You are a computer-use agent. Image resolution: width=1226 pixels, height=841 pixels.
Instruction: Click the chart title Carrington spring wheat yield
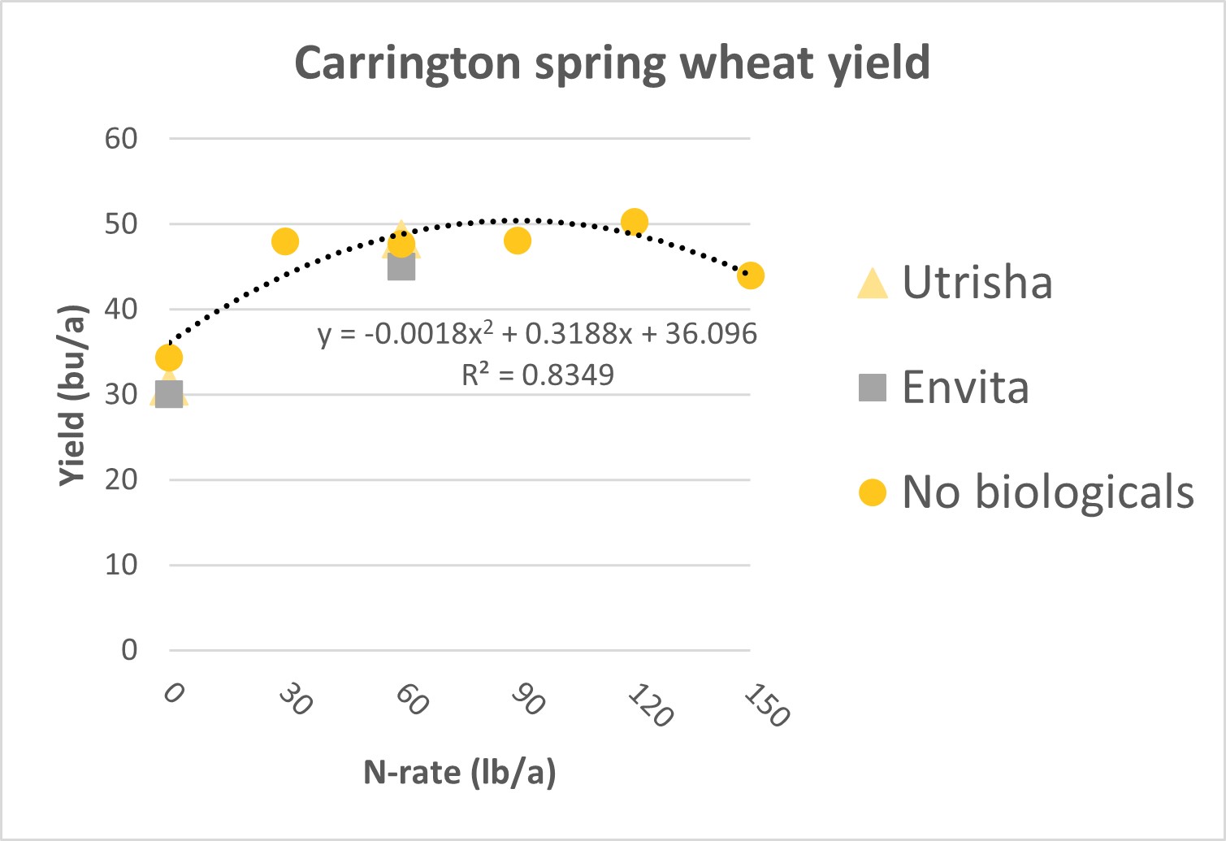coord(612,63)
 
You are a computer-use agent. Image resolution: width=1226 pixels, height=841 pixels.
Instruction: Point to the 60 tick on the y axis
coord(121,139)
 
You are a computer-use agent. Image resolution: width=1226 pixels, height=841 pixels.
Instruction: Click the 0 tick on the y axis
coord(129,650)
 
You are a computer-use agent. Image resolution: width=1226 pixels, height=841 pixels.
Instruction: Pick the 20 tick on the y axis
coord(121,479)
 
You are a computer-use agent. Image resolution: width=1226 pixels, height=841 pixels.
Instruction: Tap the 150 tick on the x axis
coord(766,704)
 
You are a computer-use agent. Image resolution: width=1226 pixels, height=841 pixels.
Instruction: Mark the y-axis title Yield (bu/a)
coord(72,396)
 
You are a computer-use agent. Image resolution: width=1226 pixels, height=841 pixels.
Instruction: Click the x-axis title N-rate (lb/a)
coord(459,772)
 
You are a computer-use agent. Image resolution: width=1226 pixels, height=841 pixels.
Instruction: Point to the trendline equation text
coord(537,334)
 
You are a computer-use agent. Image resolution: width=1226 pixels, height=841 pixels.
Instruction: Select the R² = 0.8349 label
coord(537,375)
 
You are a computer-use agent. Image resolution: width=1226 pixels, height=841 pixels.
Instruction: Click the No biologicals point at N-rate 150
coord(750,276)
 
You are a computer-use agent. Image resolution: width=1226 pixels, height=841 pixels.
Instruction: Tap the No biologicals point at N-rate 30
coord(285,241)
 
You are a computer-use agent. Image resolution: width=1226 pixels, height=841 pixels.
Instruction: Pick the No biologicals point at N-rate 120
coord(635,222)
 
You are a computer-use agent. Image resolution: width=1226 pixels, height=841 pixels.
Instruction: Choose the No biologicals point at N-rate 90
coord(518,241)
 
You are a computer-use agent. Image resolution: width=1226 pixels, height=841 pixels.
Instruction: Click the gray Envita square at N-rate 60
coord(401,267)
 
